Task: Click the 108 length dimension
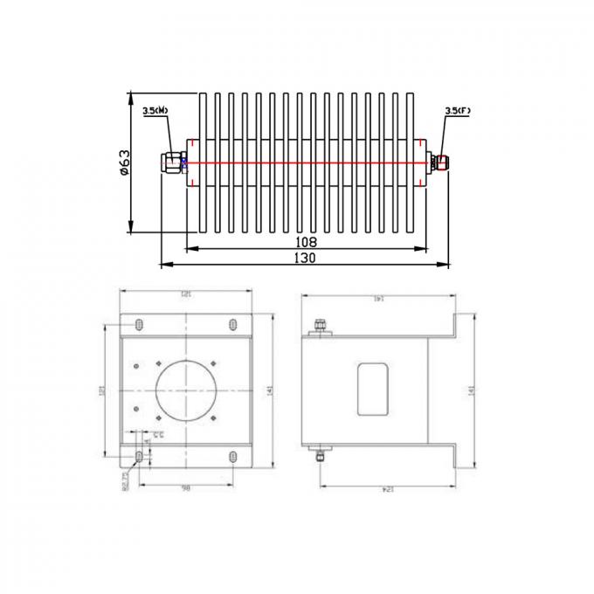coord(305,241)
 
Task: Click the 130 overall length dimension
coord(305,258)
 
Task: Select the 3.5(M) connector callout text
coord(156,111)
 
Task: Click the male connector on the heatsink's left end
coord(173,162)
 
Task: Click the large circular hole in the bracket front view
coord(186,390)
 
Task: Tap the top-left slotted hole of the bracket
coord(140,325)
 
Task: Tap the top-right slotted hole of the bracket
coord(231,325)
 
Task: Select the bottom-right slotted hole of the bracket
coord(231,457)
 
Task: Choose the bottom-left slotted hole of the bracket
coord(140,457)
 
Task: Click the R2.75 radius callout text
coord(125,479)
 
